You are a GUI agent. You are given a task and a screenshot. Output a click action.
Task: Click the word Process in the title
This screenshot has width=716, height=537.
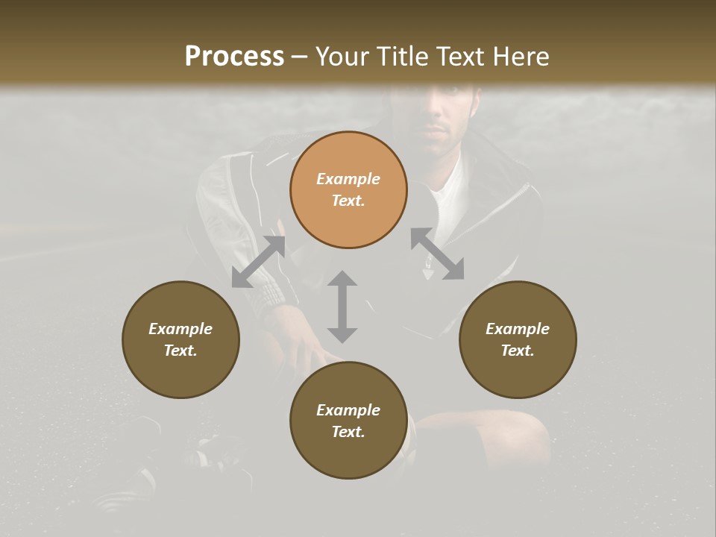point(234,57)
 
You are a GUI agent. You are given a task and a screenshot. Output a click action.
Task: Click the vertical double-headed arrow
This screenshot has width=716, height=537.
point(342,307)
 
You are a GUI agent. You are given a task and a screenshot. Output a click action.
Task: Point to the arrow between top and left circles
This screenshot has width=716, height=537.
point(259,262)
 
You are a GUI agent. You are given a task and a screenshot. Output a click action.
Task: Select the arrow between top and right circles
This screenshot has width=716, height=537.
point(437,254)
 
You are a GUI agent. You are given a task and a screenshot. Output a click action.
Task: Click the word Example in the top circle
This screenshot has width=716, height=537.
point(348,179)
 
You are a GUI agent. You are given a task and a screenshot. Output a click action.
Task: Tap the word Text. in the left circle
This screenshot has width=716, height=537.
point(180,351)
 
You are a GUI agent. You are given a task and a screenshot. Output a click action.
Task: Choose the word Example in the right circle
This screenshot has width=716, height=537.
point(518,329)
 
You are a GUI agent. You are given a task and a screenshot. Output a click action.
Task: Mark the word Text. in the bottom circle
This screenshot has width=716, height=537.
point(348,432)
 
